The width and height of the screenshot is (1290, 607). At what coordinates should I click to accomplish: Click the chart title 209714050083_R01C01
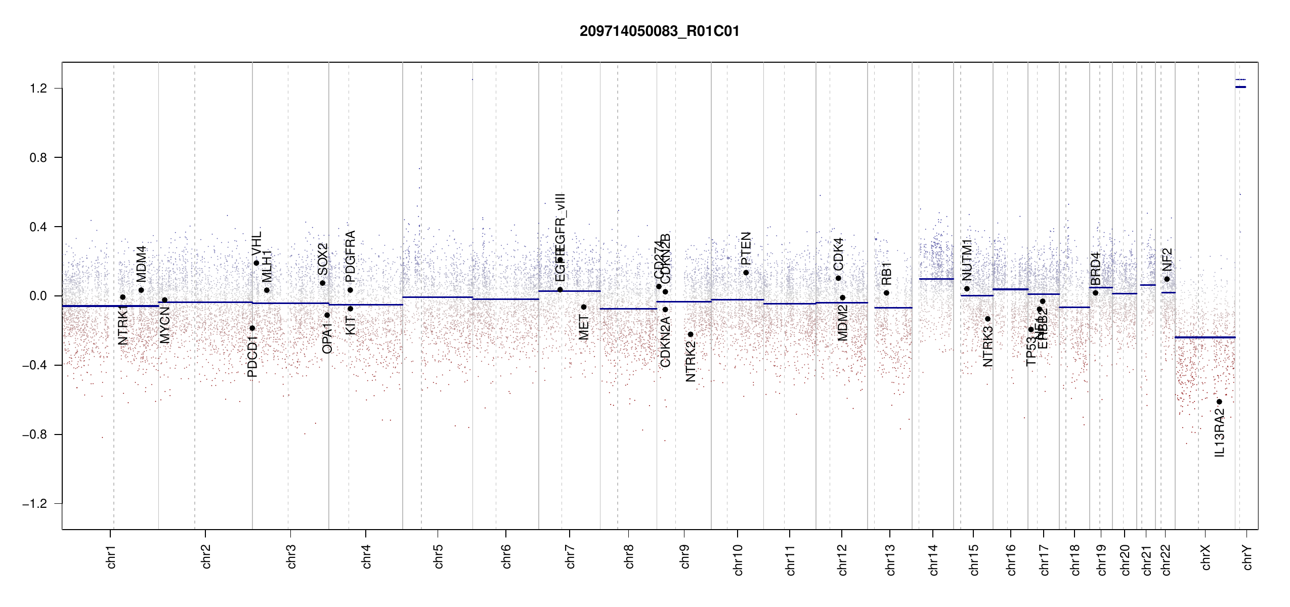[x=659, y=31]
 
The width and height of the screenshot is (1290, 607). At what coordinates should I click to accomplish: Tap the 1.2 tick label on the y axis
[x=38, y=89]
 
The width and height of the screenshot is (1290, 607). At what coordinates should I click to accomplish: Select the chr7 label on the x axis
[x=570, y=556]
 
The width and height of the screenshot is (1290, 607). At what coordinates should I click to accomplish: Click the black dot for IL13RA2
[x=1219, y=402]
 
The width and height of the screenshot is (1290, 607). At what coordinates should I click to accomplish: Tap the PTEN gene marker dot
[x=746, y=273]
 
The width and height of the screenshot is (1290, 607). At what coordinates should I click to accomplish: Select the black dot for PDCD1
[x=252, y=328]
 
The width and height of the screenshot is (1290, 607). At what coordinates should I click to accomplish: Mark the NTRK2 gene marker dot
[x=691, y=334]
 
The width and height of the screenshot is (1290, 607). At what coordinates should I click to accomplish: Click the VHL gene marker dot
[x=256, y=263]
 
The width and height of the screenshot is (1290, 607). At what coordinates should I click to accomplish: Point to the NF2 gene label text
[x=1167, y=259]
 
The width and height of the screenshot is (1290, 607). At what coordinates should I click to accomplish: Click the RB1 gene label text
[x=886, y=274]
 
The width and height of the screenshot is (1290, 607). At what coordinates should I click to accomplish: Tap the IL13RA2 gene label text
[x=1220, y=432]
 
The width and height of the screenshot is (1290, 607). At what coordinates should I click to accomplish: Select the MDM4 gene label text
[x=141, y=264]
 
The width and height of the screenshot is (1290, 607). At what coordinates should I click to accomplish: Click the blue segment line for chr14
[x=936, y=279]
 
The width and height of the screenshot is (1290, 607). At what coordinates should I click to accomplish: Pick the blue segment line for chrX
[x=1205, y=337]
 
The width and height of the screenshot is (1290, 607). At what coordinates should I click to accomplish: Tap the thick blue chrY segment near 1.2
[x=1240, y=87]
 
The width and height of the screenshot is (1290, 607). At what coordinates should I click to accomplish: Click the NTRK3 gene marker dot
[x=987, y=319]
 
